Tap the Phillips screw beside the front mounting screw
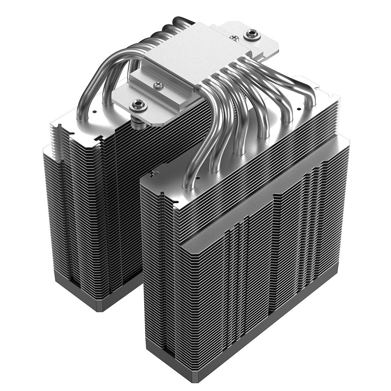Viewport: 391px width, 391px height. coord(159,85)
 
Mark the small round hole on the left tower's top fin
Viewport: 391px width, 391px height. coord(95,111)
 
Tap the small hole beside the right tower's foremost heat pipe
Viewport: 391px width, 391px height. coord(198,178)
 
